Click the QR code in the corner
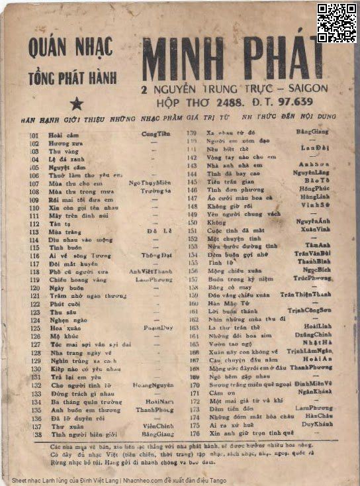tap(336, 22)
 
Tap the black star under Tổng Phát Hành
tap(76, 103)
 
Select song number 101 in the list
tap(34, 134)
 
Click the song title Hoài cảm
tap(59, 134)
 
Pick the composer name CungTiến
tap(156, 134)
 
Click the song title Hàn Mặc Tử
tap(224, 303)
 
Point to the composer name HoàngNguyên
tap(152, 385)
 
